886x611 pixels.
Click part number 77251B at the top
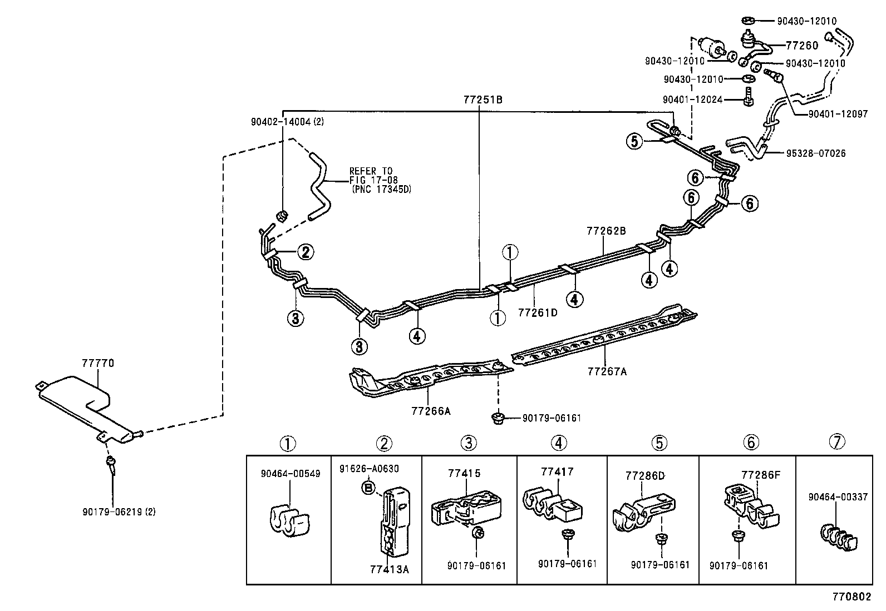[x=483, y=100]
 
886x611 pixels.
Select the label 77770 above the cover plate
[x=98, y=363]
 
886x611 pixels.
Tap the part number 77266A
[x=431, y=411]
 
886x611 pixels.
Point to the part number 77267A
[x=607, y=371]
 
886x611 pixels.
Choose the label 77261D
[x=538, y=312]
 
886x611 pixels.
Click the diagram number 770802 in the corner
[x=851, y=597]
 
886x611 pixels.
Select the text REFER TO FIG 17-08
[x=371, y=175]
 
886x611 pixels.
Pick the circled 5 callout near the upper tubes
[x=634, y=141]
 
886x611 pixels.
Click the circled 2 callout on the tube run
[x=305, y=252]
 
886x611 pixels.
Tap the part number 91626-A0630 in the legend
[x=369, y=469]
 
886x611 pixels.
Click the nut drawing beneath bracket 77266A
[x=498, y=418]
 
